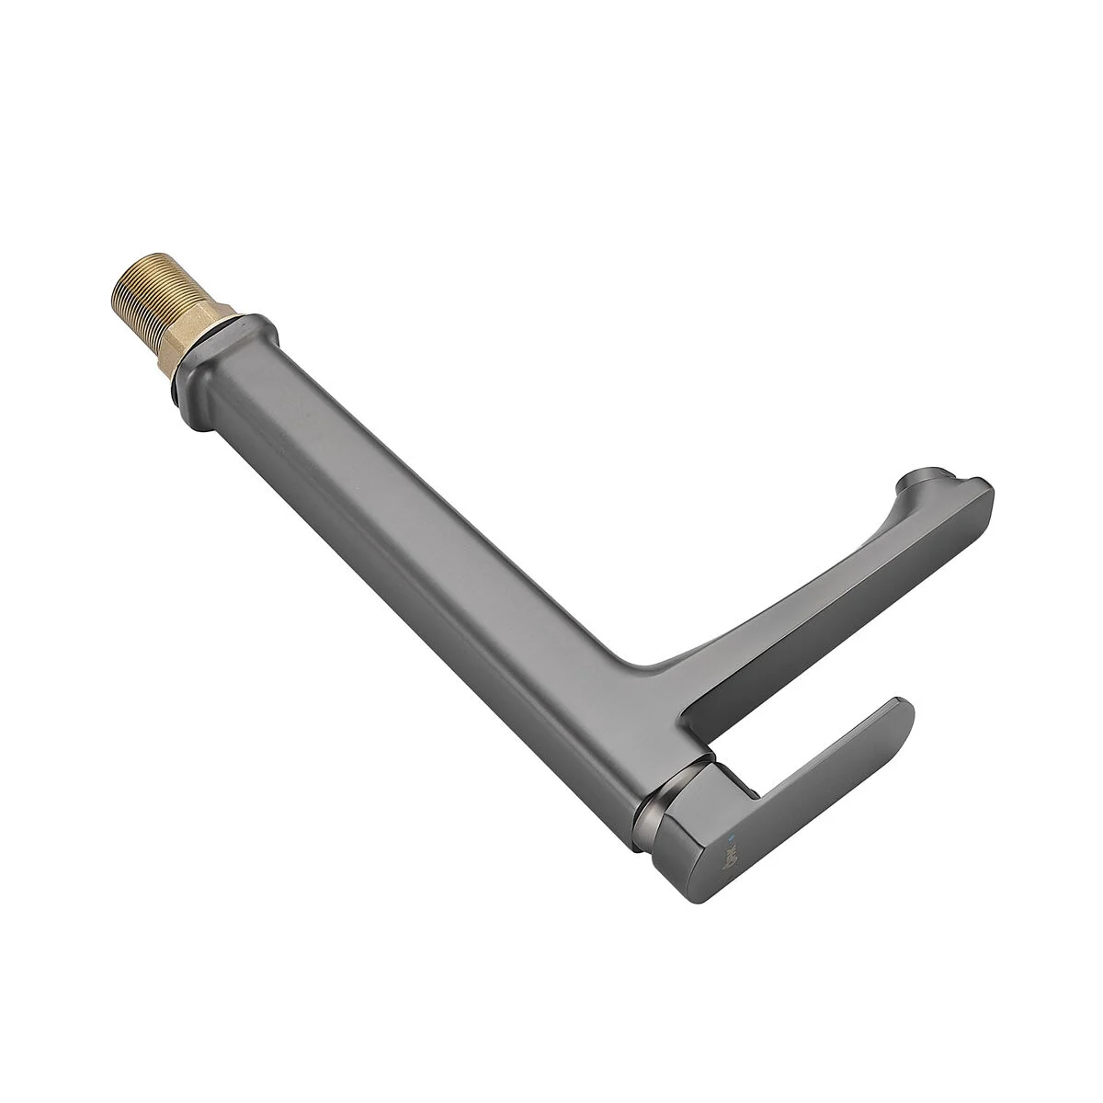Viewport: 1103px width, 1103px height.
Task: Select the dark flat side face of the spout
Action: coord(827,643)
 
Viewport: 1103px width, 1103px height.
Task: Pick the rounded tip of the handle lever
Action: coord(901,712)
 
